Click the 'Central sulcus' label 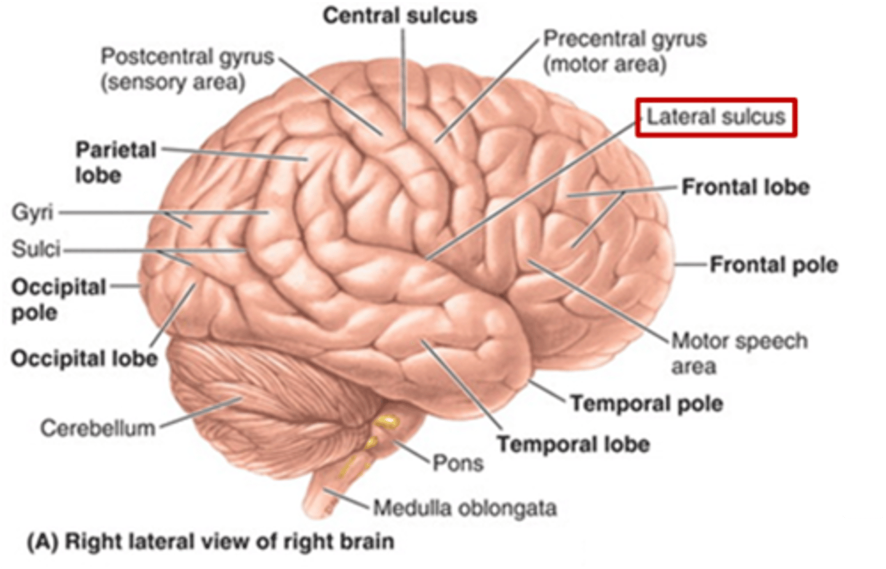point(400,16)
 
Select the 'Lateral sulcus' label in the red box point(716,117)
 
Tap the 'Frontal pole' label point(773,265)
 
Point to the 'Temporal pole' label point(646,404)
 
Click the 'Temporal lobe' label point(573,444)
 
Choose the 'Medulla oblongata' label point(465,508)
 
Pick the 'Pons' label point(458,462)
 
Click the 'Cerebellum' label point(97,428)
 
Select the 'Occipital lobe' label point(84,358)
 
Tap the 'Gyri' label point(33,213)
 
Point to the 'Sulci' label point(36,249)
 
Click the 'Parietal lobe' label point(115,162)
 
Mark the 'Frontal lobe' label point(745,187)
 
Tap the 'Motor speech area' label point(738,353)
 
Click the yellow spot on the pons point(388,422)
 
